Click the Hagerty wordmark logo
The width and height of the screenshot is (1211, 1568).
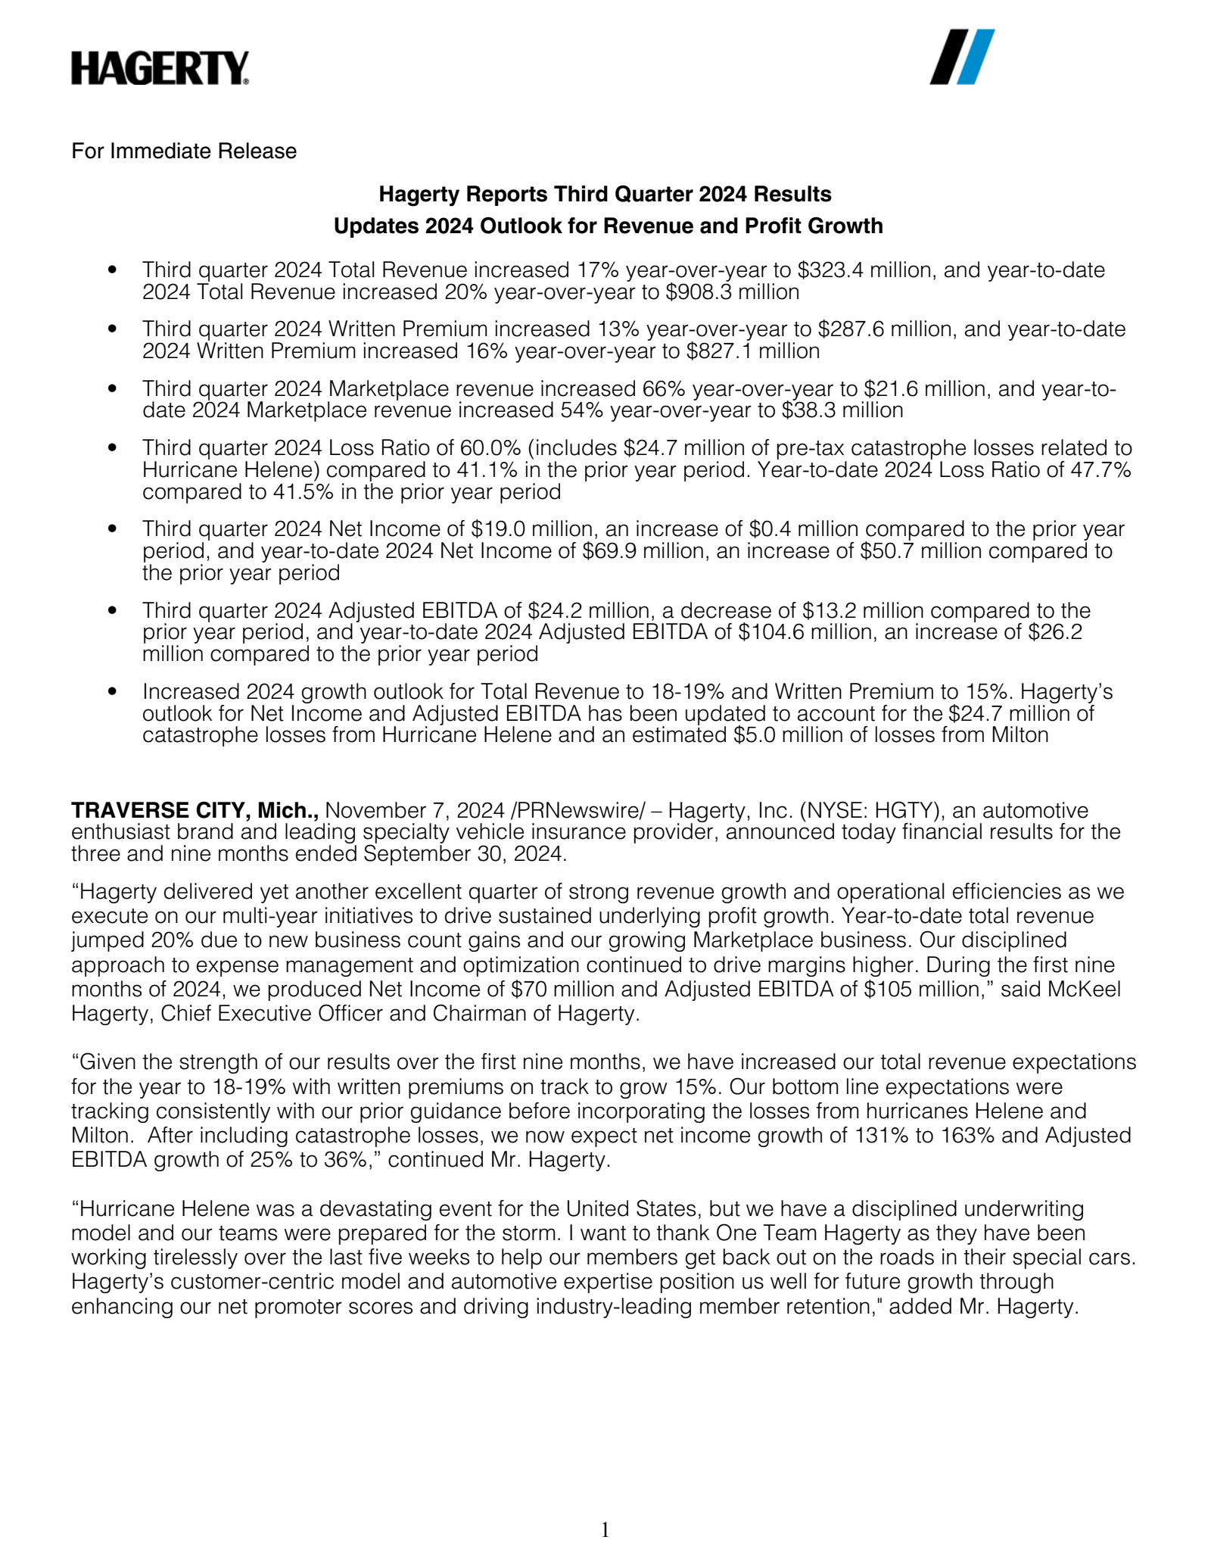pos(160,68)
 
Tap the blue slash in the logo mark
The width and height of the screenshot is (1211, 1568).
pos(976,57)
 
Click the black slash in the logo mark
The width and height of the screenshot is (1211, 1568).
pos(950,57)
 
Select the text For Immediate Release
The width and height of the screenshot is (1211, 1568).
pos(184,151)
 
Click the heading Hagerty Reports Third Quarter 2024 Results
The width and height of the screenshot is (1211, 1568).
pos(605,195)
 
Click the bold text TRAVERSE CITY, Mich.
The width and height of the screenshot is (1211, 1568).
pos(195,811)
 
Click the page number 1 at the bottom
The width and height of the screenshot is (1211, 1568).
pos(605,1530)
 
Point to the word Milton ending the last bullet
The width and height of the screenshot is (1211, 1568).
pos(1020,735)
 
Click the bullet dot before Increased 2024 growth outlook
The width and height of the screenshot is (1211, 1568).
pos(113,691)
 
